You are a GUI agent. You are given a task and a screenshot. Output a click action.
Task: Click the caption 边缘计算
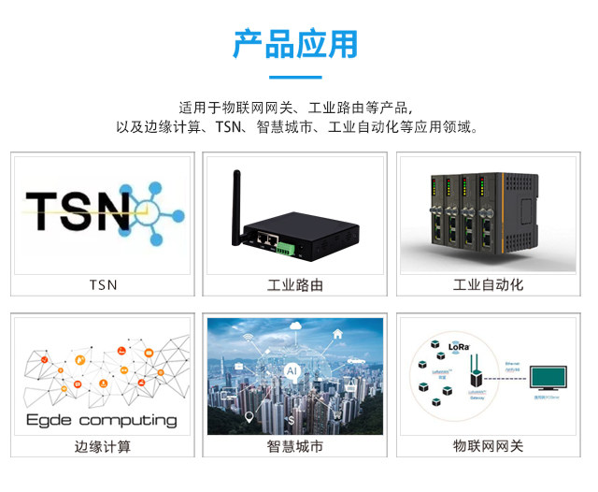[x=103, y=446]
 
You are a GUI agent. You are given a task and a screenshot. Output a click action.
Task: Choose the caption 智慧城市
[x=295, y=446]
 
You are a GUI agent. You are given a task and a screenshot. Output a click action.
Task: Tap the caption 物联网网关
[x=488, y=446]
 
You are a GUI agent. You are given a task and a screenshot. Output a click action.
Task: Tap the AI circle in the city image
[x=292, y=371]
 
